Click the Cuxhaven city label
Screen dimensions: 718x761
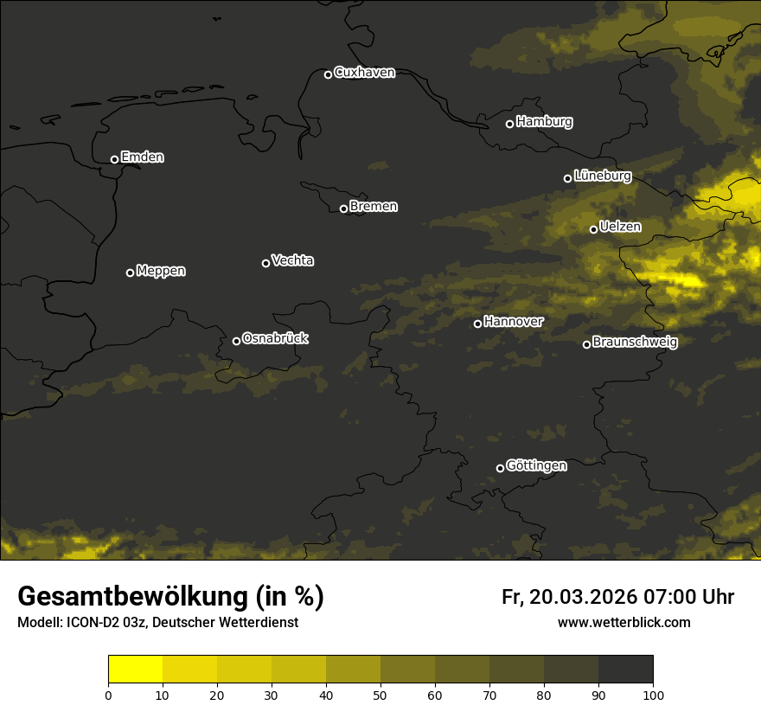tap(364, 73)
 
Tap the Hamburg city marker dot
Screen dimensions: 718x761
tap(509, 124)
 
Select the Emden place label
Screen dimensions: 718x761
tap(142, 157)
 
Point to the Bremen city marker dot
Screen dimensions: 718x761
tap(343, 208)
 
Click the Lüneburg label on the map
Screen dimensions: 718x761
tap(602, 176)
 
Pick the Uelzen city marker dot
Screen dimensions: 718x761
tap(593, 229)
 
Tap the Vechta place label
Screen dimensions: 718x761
tap(292, 260)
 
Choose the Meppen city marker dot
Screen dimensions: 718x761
tap(130, 272)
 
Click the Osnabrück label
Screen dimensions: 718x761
tap(275, 338)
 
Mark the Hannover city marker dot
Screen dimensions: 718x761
tap(477, 324)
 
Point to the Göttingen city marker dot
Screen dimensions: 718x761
tap(500, 468)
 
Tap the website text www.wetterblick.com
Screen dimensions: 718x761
tap(624, 622)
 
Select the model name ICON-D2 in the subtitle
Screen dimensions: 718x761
tap(91, 622)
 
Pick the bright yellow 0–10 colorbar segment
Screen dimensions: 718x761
tap(136, 670)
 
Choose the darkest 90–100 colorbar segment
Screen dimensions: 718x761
tap(625, 670)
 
